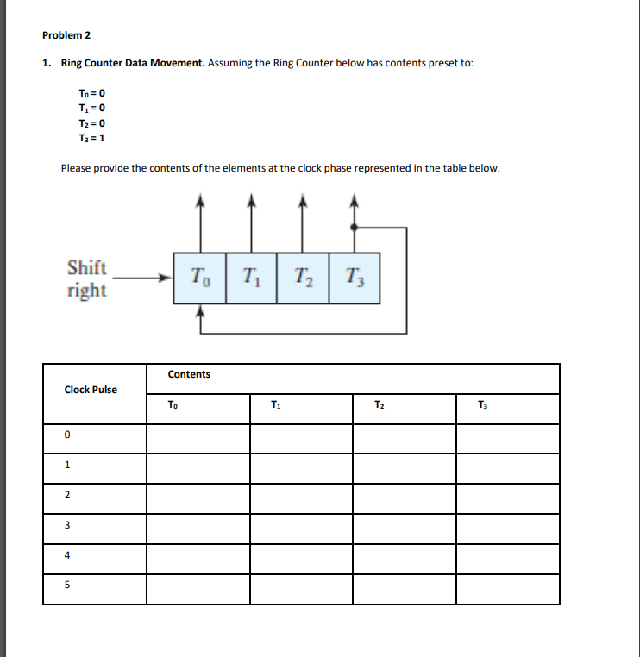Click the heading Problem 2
66,35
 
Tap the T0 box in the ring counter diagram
199,278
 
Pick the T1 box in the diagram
251,278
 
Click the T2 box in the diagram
303,278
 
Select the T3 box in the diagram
355,278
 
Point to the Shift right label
87,278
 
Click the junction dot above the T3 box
355,228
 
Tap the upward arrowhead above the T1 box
251,202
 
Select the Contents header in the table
189,374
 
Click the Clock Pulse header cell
91,390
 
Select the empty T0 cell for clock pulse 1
198,467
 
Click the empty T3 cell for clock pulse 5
507,589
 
